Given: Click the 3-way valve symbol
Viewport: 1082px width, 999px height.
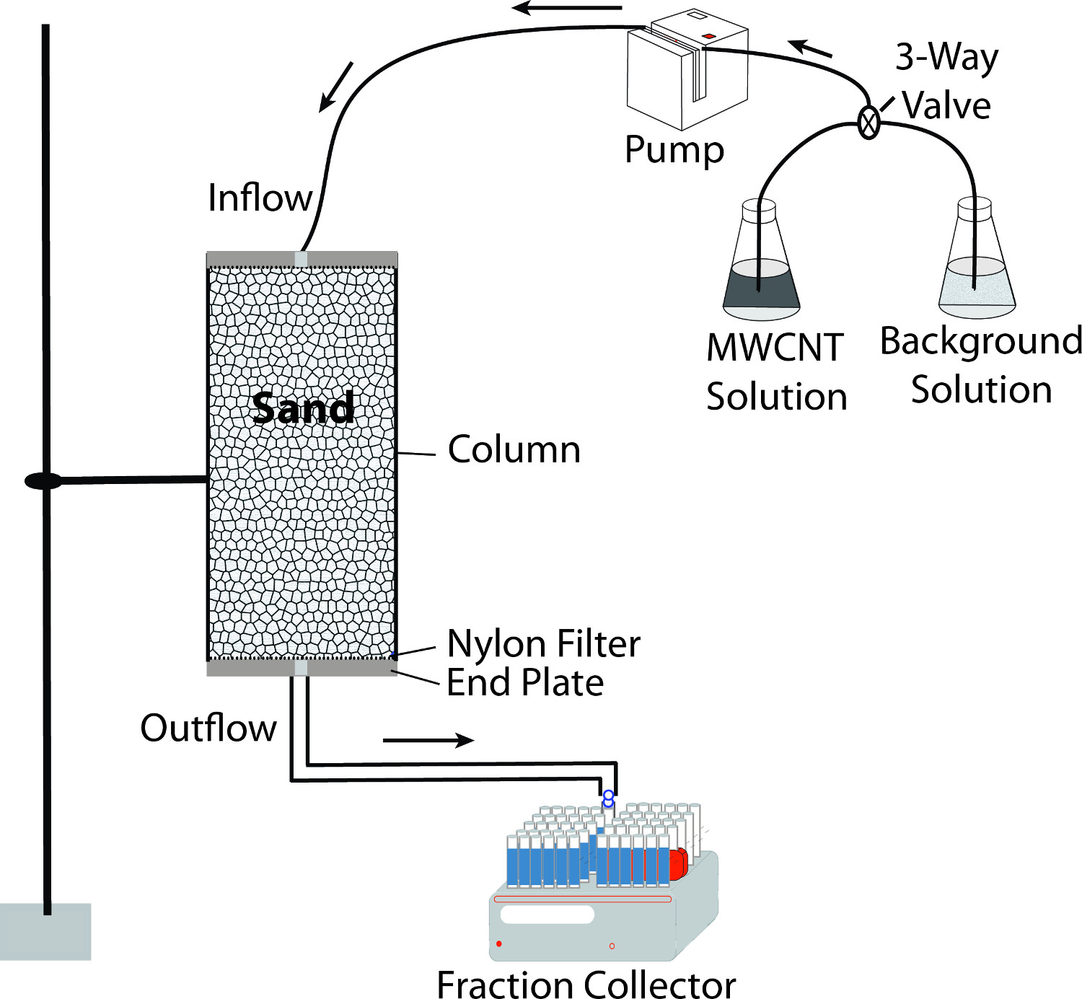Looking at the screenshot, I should tap(869, 123).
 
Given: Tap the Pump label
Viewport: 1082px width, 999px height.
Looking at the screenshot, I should tap(674, 150).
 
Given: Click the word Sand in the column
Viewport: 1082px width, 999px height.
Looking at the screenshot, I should tap(303, 408).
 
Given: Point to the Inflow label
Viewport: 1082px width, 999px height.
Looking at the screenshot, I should tap(260, 198).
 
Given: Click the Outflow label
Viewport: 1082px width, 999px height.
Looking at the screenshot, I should tap(208, 727).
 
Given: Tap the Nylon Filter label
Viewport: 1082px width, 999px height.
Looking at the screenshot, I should tap(543, 643).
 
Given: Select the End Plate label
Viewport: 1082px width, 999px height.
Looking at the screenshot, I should tap(525, 682).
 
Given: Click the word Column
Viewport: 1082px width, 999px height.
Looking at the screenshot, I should tap(514, 449).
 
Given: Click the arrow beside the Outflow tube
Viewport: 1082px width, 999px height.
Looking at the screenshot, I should tap(428, 740).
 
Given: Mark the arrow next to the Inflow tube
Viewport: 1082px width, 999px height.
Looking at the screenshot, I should tap(336, 86).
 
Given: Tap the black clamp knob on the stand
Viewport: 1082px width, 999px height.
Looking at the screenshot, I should tap(43, 480).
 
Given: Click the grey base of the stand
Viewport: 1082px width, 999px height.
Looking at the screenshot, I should tap(45, 931).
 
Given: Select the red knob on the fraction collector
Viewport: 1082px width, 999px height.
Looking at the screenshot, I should tap(678, 864).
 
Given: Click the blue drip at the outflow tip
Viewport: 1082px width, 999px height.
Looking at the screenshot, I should tap(608, 798).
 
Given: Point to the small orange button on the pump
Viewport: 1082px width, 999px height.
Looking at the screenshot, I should tap(708, 36).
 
